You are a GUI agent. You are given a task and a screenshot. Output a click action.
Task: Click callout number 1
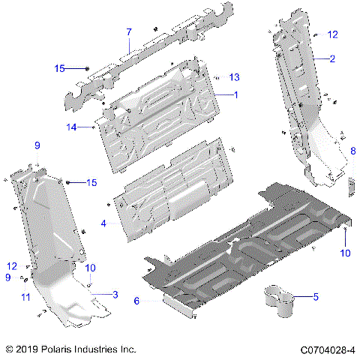pos(235,95)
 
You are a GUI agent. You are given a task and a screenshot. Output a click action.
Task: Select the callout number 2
pos(331,58)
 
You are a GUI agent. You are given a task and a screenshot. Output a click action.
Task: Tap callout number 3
pos(115,294)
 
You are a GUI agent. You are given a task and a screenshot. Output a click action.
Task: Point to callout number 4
pos(103,223)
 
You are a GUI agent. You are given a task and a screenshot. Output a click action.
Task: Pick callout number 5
pos(315,298)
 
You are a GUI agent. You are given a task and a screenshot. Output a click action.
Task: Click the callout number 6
pos(136,301)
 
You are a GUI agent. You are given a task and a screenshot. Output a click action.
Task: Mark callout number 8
pos(352,151)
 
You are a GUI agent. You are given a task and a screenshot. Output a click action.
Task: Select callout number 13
pos(235,77)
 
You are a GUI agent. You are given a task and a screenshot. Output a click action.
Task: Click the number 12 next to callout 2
pos(333,34)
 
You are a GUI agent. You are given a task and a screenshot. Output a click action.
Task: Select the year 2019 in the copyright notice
pos(30,349)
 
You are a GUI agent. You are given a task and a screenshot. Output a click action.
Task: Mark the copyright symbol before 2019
pos(9,349)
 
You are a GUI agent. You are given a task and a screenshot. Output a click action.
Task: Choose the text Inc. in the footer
pos(129,349)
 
